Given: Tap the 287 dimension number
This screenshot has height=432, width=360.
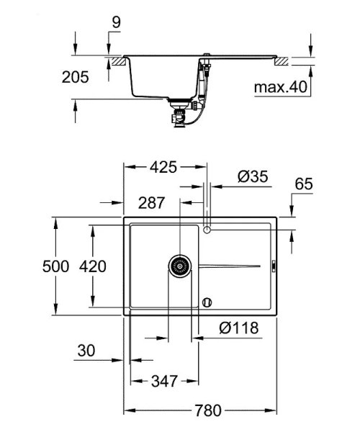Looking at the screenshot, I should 151,203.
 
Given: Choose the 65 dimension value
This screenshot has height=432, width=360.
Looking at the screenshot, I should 304,184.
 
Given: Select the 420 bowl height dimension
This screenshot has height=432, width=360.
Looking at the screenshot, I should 92,266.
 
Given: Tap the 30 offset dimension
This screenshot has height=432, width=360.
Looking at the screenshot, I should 86,351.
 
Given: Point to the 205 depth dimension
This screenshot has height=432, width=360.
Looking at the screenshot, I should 75,77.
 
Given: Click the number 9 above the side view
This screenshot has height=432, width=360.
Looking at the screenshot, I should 116,23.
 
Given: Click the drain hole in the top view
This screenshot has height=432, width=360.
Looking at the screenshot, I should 180,266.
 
